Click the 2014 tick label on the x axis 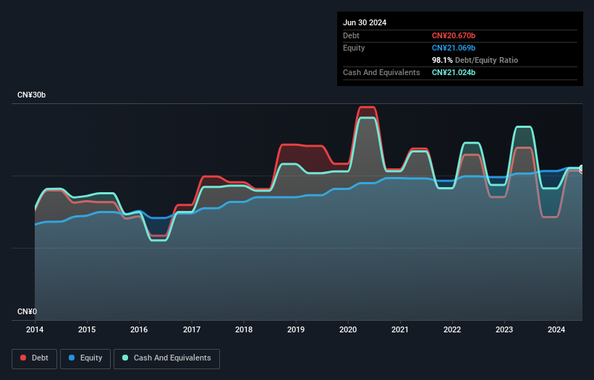tap(35, 330)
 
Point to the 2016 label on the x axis tap(139, 330)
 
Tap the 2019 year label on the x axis tap(296, 330)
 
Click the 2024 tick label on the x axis tap(557, 330)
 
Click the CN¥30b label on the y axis tap(32, 95)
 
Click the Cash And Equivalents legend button tap(166, 358)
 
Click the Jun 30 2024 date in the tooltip tap(365, 22)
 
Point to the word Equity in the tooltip tap(354, 48)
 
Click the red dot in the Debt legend tap(23, 358)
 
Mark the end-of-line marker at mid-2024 tap(582, 169)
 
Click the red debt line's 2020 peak tap(367, 107)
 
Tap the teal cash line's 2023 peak tap(524, 127)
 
